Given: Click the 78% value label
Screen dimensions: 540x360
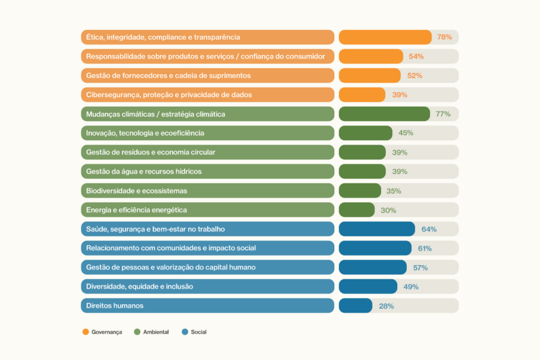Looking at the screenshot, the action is click(444, 37).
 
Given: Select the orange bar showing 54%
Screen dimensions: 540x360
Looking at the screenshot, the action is click(371, 56).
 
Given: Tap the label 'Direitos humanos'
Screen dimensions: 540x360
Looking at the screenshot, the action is click(115, 305).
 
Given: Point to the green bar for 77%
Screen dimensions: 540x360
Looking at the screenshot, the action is click(385, 114).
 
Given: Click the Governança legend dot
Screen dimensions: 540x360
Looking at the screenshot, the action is click(86, 332).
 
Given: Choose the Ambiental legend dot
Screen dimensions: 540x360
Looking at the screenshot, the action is click(137, 332).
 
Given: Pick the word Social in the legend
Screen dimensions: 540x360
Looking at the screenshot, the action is click(199, 332).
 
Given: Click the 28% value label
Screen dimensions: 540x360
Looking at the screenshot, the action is click(386, 306).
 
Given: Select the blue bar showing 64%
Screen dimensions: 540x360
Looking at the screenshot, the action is click(377, 229).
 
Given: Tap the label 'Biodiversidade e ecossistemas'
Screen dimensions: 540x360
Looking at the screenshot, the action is click(136, 191).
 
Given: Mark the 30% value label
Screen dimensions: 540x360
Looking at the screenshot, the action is click(388, 210).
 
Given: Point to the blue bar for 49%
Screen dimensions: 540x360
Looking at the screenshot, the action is click(368, 287).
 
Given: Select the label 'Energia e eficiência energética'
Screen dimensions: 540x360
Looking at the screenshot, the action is click(136, 210).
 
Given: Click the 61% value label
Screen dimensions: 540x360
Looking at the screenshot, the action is click(425, 248).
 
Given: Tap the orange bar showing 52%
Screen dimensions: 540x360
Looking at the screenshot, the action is click(370, 76).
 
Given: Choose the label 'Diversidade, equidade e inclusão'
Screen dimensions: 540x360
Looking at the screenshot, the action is click(139, 287).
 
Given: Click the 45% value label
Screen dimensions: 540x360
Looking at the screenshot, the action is click(406, 133).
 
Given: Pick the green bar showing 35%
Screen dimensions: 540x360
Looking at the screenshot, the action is click(360, 191).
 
